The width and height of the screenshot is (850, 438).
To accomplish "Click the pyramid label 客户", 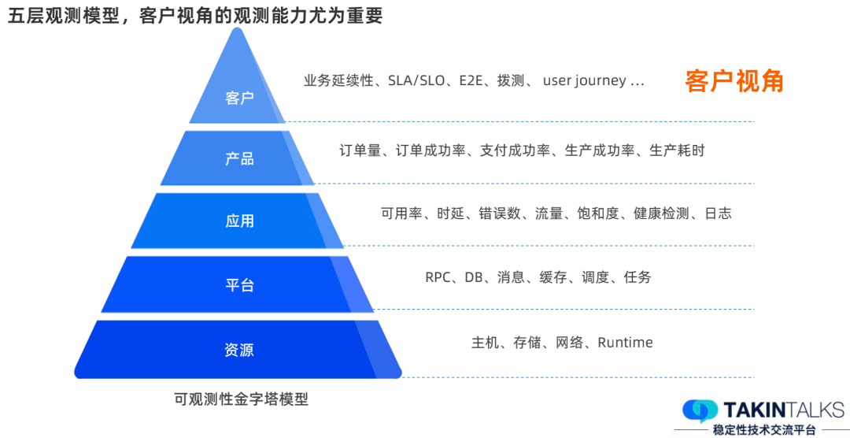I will click(239, 98).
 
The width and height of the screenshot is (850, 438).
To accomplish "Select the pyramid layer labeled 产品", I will click(239, 158).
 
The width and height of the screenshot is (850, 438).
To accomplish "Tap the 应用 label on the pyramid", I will click(239, 221).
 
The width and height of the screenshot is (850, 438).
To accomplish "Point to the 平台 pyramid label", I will click(239, 285).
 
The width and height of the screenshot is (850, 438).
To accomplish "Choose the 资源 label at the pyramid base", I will click(239, 350).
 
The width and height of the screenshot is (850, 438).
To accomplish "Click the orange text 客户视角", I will click(734, 81).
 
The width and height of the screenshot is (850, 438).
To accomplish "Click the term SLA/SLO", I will click(417, 81).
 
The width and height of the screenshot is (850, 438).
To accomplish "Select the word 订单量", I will click(360, 150).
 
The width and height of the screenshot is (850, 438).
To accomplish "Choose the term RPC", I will click(438, 277).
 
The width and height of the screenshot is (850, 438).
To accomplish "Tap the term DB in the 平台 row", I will click(474, 277).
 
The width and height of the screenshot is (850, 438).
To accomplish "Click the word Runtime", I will click(625, 343).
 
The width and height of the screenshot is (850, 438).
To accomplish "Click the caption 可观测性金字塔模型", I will click(241, 399).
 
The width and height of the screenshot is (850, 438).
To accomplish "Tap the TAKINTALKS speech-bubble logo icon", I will click(699, 410).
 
